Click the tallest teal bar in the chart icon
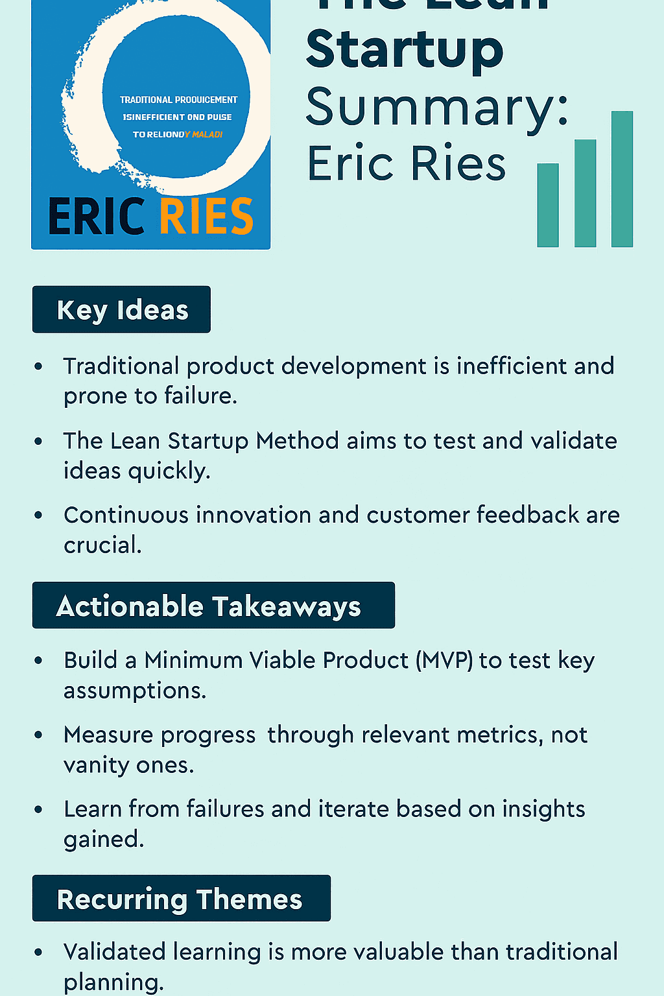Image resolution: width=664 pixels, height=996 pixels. [622, 179]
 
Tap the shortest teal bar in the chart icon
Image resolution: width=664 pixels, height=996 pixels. [548, 205]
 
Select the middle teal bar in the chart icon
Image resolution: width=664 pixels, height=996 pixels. [585, 193]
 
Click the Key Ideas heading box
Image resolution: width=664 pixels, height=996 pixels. [121, 309]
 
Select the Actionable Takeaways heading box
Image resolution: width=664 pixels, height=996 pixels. [213, 606]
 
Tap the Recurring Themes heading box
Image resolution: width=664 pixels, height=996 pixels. [181, 899]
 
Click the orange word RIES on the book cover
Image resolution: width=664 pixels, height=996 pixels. [206, 217]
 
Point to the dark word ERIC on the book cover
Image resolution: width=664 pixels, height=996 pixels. [97, 217]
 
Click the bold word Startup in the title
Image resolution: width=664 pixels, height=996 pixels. [405, 51]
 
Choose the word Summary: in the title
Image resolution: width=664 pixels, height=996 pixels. [437, 107]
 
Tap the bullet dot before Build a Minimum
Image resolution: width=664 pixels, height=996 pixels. [39, 661]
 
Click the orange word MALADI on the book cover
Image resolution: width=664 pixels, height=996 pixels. [207, 134]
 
